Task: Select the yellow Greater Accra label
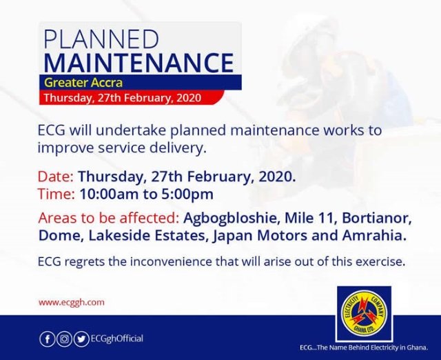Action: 83,83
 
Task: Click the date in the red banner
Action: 123,98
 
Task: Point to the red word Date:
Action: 56,177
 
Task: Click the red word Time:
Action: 57,194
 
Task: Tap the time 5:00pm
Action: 187,194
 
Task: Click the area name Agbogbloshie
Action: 231,219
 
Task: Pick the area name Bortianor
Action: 377,219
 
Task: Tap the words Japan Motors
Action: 260,236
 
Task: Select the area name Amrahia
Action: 374,236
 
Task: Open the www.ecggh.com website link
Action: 72,303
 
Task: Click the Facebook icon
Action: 48,339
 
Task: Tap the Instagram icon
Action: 64,339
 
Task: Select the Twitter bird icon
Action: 81,339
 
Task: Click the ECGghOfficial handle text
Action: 116,339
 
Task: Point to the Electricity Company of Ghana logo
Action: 364,313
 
